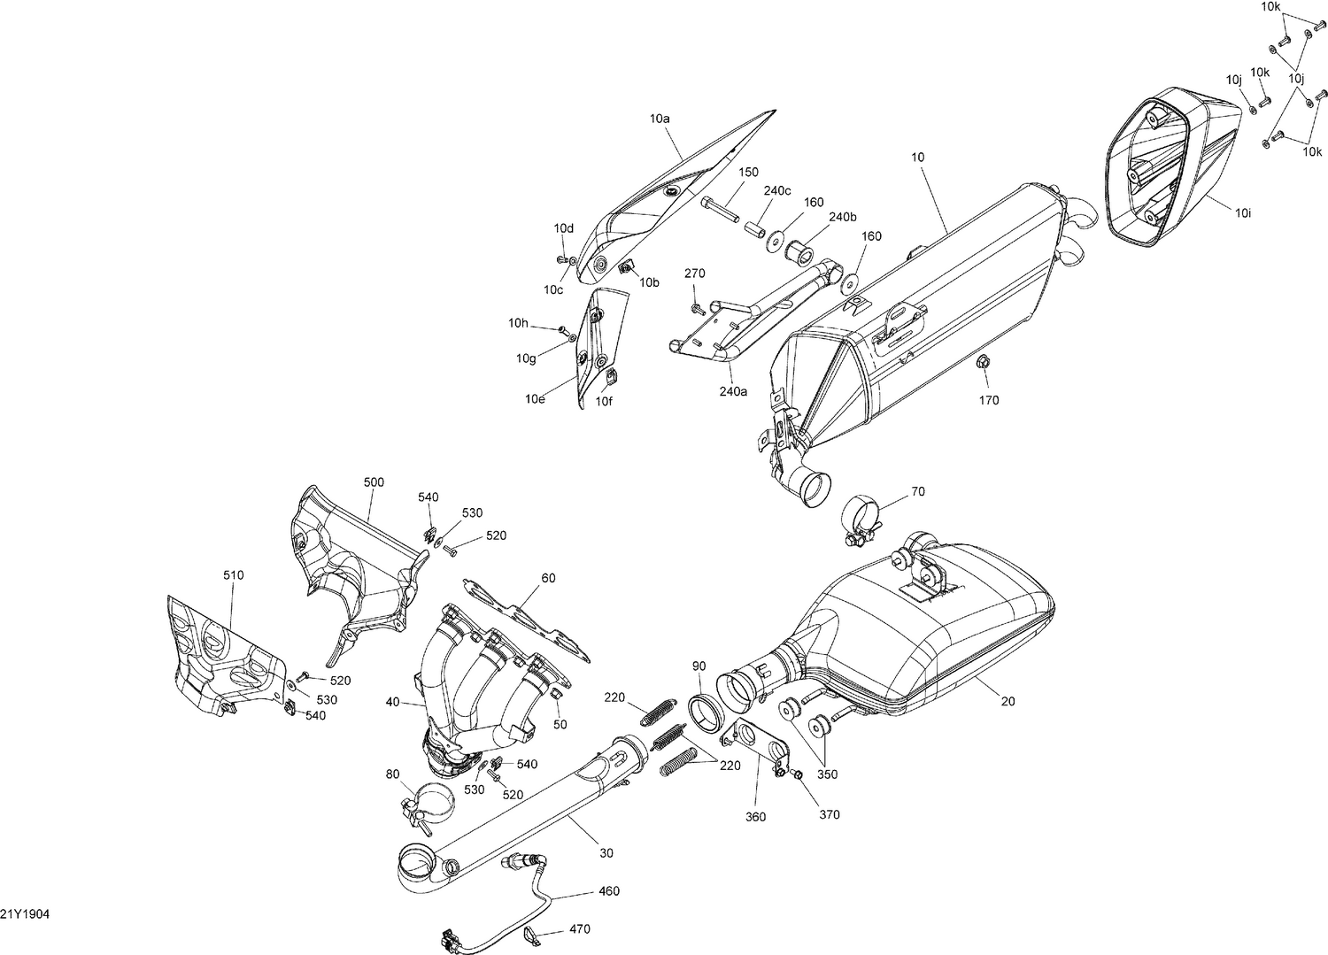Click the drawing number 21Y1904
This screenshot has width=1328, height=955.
[25, 913]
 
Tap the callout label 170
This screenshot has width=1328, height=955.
[989, 400]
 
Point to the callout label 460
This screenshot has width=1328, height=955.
[609, 891]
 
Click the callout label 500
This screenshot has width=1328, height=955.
[374, 482]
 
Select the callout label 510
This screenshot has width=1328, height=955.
[233, 575]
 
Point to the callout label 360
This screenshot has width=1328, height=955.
[755, 817]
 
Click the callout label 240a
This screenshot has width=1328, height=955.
[733, 391]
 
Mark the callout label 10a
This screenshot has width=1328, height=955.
[660, 118]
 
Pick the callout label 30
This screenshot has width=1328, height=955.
[606, 853]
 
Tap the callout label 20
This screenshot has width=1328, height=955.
[1008, 701]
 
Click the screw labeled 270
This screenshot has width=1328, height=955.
[697, 309]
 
